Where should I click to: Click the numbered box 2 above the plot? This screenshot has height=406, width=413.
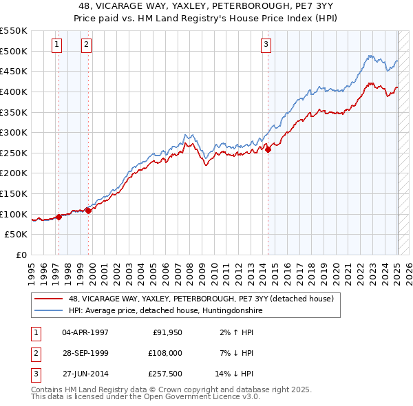pyautogui.click(x=86, y=46)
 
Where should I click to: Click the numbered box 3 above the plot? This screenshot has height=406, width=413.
pyautogui.click(x=266, y=46)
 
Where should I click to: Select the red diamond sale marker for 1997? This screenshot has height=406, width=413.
pyautogui.click(x=59, y=217)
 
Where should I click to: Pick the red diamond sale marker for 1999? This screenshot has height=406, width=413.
pyautogui.click(x=89, y=211)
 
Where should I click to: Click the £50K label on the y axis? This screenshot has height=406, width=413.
pyautogui.click(x=17, y=235)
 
